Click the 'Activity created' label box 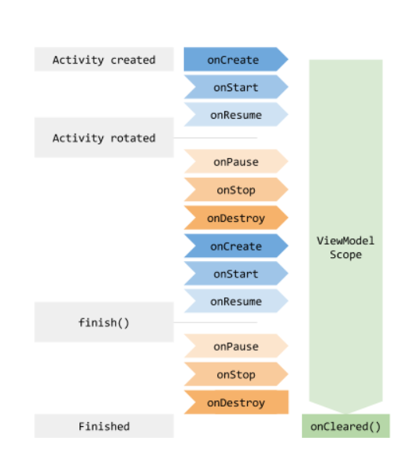[x=104, y=60]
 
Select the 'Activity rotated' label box [x=104, y=138]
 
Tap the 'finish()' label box [x=104, y=322]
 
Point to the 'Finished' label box [x=104, y=426]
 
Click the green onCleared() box [x=345, y=426]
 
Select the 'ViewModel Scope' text [x=345, y=247]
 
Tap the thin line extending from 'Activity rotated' [x=216, y=138]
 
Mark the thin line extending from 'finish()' [x=216, y=322]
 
